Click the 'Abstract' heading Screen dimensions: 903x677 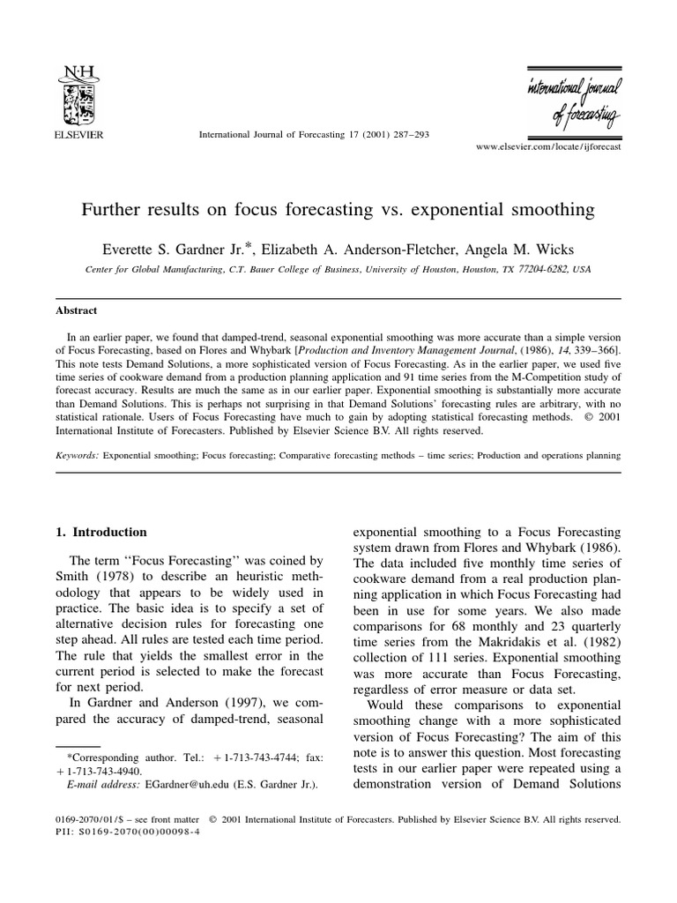coord(77,310)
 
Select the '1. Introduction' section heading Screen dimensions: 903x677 coord(100,533)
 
